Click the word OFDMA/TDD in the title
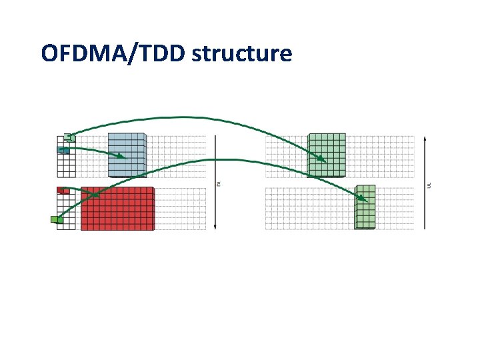click(x=113, y=53)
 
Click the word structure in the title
click(x=242, y=53)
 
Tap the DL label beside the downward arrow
click(x=219, y=183)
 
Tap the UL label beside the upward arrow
click(x=429, y=183)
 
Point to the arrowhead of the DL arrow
click(x=215, y=227)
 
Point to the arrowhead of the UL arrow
click(x=425, y=139)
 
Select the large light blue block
click(x=127, y=155)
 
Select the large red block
click(x=117, y=209)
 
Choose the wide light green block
click(x=327, y=155)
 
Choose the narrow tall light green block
click(x=365, y=207)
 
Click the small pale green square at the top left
click(x=69, y=138)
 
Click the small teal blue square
click(x=63, y=150)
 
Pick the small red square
click(x=63, y=191)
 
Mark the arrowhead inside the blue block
click(x=122, y=157)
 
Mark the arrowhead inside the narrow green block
click(x=363, y=199)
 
